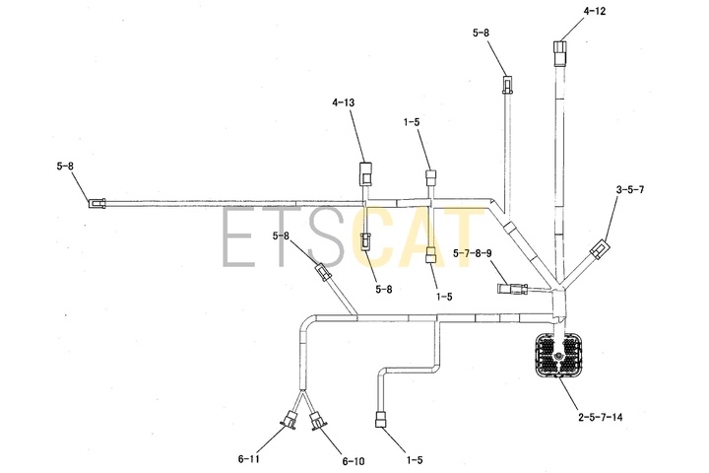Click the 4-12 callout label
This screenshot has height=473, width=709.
click(594, 11)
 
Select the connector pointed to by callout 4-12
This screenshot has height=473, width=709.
click(559, 53)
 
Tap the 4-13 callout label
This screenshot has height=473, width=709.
click(344, 102)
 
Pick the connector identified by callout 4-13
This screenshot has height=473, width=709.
click(365, 173)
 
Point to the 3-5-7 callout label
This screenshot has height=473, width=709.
click(630, 189)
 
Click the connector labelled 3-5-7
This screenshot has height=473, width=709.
click(600, 249)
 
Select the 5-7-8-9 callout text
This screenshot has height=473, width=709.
click(472, 253)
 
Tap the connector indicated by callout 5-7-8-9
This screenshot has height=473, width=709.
click(512, 289)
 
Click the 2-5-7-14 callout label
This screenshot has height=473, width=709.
click(600, 417)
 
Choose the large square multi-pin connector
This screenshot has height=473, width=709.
click(557, 355)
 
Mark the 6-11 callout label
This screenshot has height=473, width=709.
click(249, 459)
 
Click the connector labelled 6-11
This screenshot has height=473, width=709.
click(290, 420)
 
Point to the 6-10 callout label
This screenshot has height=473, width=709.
click(354, 462)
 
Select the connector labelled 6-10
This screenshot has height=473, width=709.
click(318, 421)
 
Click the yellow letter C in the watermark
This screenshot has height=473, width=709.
click(374, 236)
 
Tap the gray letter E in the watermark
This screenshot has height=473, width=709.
click(240, 236)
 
